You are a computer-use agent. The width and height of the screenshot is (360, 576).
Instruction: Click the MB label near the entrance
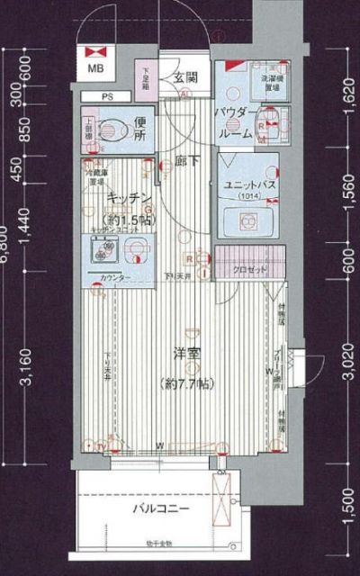94,67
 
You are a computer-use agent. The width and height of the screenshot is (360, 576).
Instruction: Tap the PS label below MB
107,95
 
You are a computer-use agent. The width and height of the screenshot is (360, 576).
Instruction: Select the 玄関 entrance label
186,77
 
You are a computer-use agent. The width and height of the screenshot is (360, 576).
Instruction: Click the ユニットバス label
247,185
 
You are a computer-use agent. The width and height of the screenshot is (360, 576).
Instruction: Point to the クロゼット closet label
247,269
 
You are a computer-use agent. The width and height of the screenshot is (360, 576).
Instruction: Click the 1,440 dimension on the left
26,236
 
